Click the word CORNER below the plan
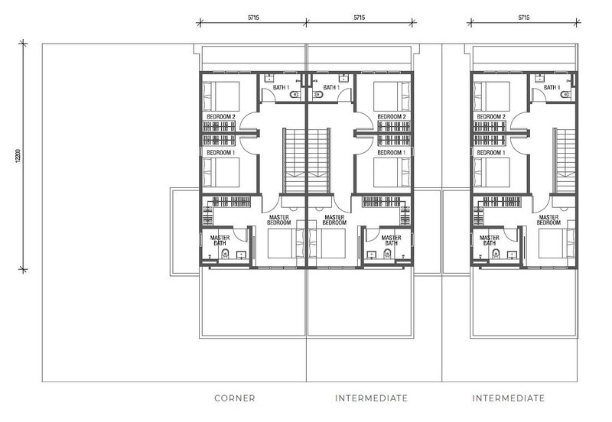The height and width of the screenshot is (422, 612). (235, 398)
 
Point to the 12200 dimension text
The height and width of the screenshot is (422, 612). (17, 156)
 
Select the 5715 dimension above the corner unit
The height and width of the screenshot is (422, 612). (253, 18)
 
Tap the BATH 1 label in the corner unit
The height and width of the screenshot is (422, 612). (281, 87)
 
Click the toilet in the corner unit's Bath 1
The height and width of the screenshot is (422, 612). (295, 94)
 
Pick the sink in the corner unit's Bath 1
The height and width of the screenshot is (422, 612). (269, 79)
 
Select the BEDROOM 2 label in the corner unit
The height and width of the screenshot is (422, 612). (221, 117)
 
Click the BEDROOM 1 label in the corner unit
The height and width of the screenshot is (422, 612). (221, 152)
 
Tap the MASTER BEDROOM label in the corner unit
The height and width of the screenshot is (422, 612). (279, 220)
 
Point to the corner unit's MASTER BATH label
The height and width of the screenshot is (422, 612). (220, 240)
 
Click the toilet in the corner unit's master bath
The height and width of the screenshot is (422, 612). (225, 255)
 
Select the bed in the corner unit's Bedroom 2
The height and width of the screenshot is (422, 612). (221, 96)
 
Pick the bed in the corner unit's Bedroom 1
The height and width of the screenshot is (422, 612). (221, 172)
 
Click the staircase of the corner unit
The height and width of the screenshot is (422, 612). (295, 161)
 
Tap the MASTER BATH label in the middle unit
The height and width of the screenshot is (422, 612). (391, 240)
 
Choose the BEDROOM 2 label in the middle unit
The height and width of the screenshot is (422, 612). (392, 117)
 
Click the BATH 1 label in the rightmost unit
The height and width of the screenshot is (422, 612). (552, 87)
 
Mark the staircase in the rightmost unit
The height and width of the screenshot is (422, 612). (565, 161)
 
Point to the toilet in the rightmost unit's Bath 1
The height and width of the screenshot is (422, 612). (565, 94)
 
